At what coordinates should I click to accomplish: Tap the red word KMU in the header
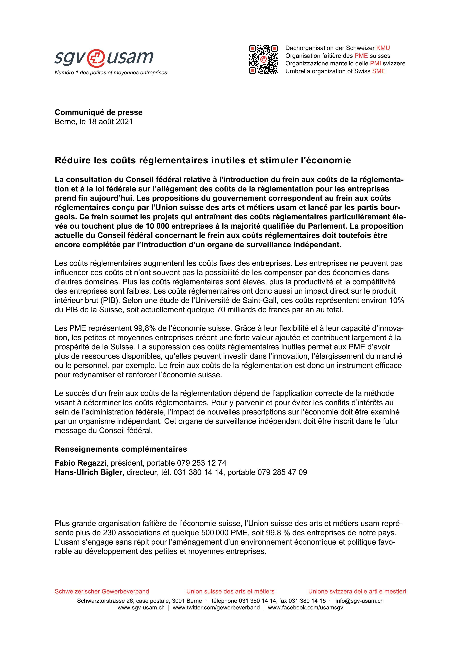tap(383, 48)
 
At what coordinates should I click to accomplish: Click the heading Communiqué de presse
tap(99, 112)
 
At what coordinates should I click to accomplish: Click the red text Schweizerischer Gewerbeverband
tap(102, 592)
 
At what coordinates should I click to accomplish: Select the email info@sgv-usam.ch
tap(359, 601)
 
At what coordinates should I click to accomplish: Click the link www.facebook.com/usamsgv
tap(305, 608)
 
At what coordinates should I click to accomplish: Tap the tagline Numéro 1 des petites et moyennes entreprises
tap(111, 73)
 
